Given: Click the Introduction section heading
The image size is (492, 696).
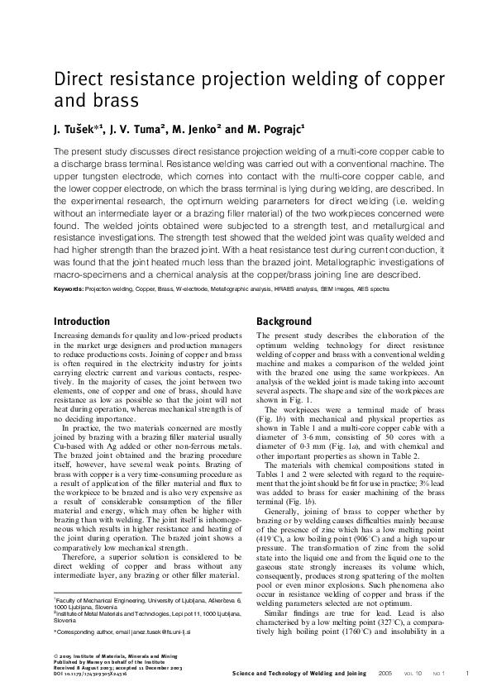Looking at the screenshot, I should tap(81, 321).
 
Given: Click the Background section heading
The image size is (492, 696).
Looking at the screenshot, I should tap(284, 321).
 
